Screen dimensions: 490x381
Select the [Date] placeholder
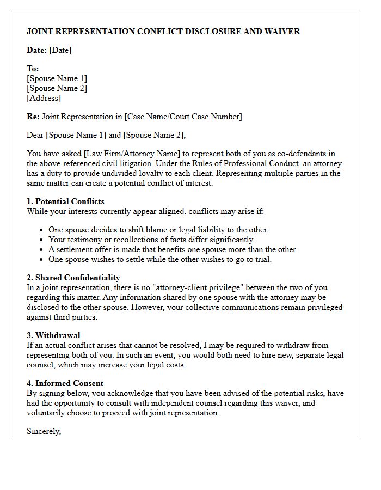tap(60, 50)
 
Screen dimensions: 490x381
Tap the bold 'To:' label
tap(33, 69)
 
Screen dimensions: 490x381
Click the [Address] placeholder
tap(44, 98)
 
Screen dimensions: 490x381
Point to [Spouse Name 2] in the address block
tap(57, 88)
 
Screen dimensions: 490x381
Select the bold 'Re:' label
tap(33, 117)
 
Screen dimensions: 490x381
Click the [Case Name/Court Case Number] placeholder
tap(183, 117)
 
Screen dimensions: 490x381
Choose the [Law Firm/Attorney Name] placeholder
tap(127, 154)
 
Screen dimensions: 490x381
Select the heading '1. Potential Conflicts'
tap(65, 201)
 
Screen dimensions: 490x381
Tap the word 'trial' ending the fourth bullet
tap(262, 259)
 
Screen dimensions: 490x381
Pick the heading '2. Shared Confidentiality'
tap(73, 278)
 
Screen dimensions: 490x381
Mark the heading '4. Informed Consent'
tap(65, 383)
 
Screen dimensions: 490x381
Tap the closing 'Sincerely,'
tap(44, 431)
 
